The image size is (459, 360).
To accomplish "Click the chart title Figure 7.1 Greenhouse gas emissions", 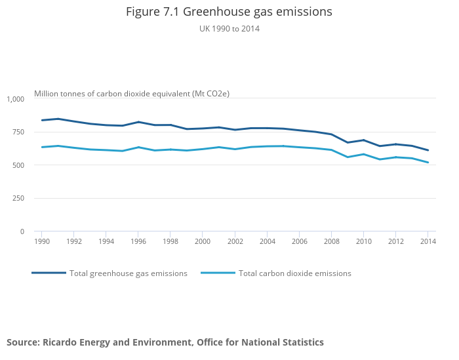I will [229, 12].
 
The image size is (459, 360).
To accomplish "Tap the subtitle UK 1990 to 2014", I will [229, 28].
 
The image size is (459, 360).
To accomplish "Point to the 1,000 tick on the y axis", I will [15, 99].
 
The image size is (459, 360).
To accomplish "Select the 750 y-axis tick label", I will [18, 132].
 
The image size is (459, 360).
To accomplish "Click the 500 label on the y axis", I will [18, 165].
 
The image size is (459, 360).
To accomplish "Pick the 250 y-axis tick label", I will [18, 198].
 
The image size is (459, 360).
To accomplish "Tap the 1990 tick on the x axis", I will [41, 241].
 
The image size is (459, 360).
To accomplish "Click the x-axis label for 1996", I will [138, 241].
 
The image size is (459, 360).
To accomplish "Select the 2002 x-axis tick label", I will [234, 241].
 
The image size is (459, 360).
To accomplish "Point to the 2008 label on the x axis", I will [331, 241].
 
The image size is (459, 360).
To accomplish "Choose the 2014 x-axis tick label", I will [428, 241].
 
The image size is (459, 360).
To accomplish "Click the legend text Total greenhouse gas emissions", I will [129, 273].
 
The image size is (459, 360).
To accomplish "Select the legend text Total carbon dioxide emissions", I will [295, 273].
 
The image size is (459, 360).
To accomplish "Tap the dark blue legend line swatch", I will [49, 273].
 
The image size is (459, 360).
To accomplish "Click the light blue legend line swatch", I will [218, 273].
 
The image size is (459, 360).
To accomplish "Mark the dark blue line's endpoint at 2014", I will [428, 150].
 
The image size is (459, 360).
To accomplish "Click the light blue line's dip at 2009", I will [348, 157].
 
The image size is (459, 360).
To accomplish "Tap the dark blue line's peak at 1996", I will [138, 122].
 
